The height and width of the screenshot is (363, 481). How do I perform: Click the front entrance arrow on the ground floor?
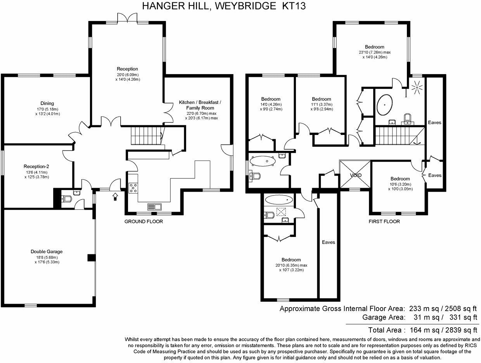point(115,196)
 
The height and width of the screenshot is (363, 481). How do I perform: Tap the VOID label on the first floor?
point(355,175)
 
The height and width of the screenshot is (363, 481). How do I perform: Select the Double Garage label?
point(47,251)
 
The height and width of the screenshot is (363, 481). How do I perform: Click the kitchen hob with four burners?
point(133,188)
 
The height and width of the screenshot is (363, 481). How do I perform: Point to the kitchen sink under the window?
point(154,207)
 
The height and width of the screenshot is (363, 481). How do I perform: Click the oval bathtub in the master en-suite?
point(384,105)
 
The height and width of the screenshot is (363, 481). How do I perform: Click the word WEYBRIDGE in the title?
point(245,6)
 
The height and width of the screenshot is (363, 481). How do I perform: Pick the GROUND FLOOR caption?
point(144,221)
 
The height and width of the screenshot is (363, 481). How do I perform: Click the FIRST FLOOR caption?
point(384,221)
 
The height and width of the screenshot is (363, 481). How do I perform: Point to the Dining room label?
point(47,103)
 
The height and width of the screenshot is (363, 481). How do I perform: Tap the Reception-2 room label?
point(36,166)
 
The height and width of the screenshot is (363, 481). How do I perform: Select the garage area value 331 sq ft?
point(463,317)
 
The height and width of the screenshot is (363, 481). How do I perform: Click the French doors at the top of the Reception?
point(128,17)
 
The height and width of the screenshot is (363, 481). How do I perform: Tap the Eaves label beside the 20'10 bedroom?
point(329,242)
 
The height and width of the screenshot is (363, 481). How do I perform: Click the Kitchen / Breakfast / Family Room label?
point(200,105)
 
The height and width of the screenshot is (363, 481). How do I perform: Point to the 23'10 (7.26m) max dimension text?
point(374,52)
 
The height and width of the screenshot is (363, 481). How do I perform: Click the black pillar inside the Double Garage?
point(92,258)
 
